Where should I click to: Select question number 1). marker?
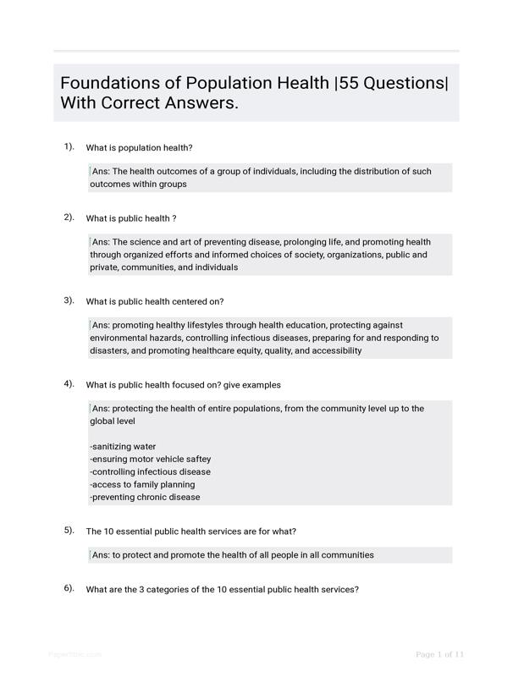[69, 146]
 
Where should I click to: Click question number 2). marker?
[69, 217]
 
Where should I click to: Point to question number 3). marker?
[69, 300]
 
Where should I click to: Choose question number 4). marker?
[69, 383]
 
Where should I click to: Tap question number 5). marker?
[69, 531]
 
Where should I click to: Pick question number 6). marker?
[69, 588]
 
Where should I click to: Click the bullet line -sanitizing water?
[123, 446]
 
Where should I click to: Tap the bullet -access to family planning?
[142, 484]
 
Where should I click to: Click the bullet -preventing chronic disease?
[145, 497]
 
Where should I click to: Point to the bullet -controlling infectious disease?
[150, 471]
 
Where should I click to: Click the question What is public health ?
[131, 218]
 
